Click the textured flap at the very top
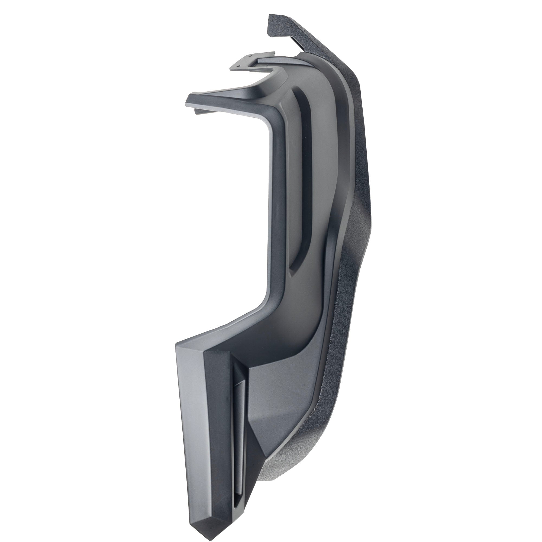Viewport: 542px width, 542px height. click(283, 28)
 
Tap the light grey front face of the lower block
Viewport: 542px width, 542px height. click(191, 421)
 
